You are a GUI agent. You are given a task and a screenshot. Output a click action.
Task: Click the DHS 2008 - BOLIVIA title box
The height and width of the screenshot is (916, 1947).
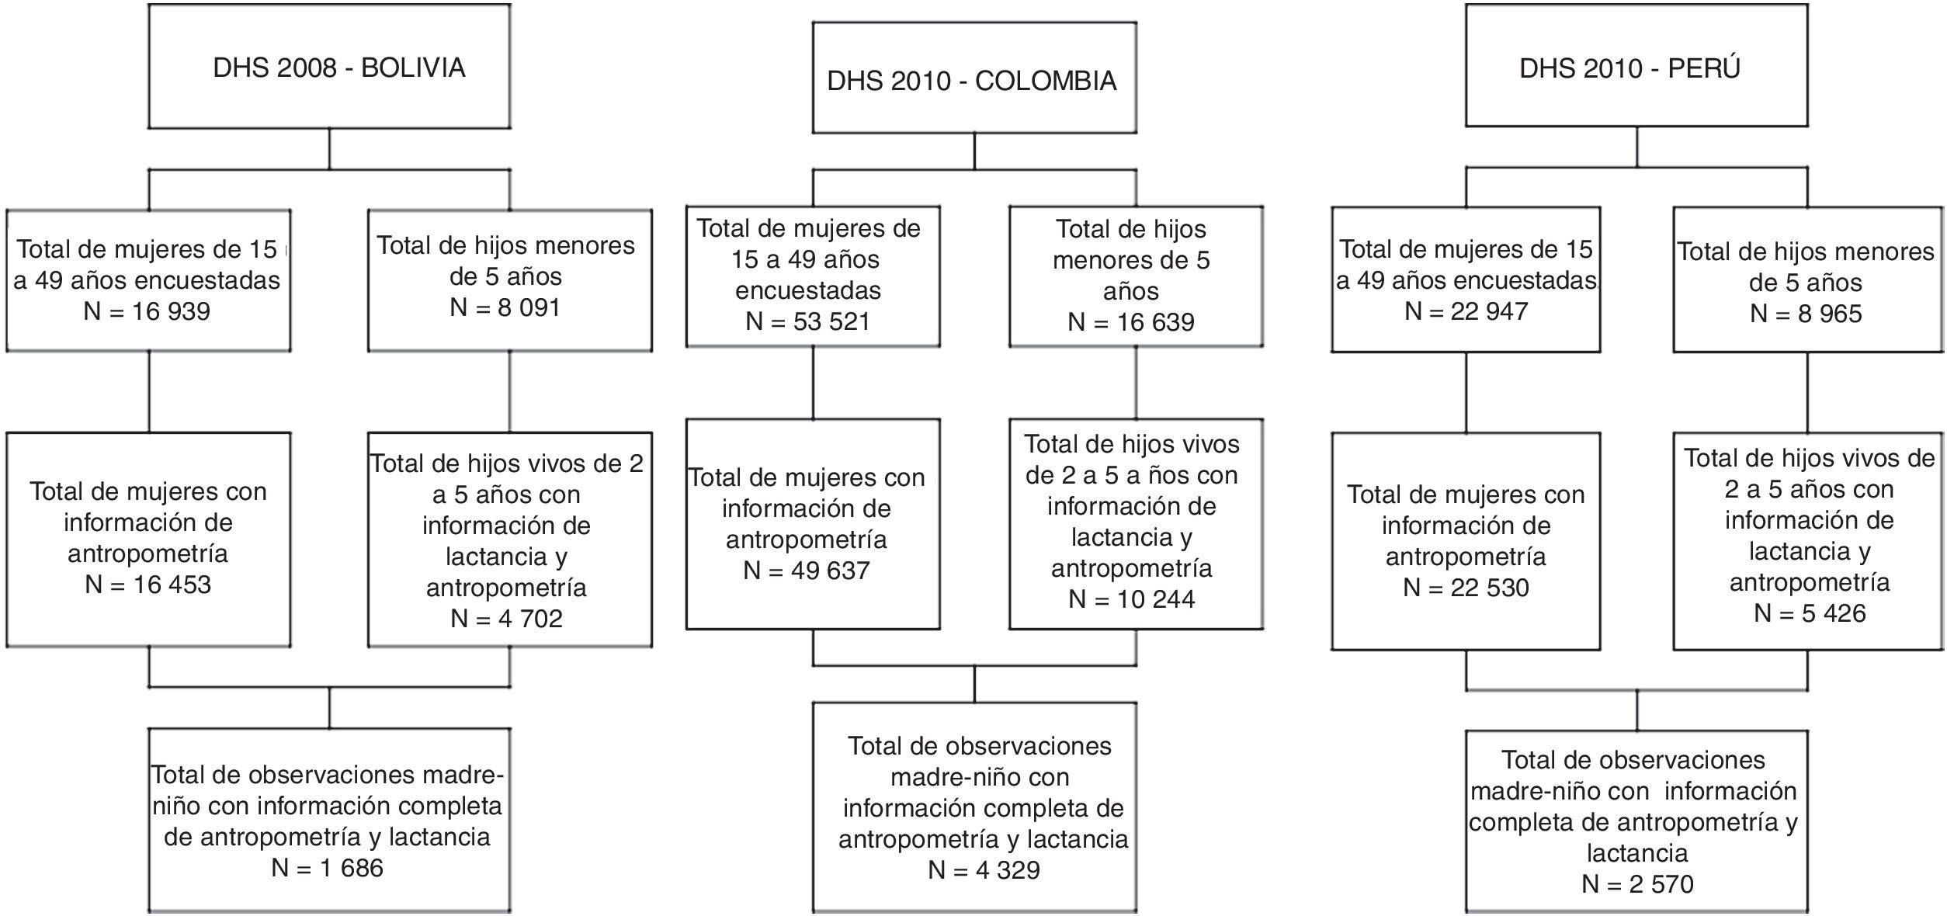(329, 67)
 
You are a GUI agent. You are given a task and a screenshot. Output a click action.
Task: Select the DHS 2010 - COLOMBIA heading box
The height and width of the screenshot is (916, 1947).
(974, 79)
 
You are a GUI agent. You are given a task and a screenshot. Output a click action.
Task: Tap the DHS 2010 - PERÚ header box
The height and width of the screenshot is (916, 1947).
(1636, 67)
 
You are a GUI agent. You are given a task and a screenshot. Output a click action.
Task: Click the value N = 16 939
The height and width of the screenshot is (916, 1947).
(147, 311)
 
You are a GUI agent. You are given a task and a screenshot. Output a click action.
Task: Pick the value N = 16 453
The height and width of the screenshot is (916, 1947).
(147, 585)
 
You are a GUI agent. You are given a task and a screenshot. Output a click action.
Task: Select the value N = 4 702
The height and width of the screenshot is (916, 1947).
(506, 619)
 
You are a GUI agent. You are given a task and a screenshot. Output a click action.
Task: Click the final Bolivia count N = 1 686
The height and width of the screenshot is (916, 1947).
(327, 867)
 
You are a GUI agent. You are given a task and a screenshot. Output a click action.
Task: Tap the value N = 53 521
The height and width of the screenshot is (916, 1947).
(807, 321)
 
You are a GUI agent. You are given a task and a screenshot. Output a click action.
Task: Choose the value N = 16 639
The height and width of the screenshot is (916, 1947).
(1131, 321)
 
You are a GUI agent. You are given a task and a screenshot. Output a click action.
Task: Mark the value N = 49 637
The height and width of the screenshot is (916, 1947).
(806, 571)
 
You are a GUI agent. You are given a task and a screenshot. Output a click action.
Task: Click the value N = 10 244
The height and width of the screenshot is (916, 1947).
(1131, 599)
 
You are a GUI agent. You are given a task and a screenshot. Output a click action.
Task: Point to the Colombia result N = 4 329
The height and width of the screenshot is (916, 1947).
(984, 869)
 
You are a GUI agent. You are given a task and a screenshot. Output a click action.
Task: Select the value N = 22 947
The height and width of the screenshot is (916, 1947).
(1466, 311)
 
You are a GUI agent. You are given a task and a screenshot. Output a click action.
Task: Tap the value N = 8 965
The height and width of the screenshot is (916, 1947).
(1806, 314)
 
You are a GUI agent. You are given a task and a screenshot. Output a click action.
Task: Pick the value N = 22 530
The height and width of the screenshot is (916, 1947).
(1466, 588)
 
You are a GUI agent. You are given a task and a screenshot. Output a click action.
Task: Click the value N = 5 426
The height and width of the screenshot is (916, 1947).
(1809, 613)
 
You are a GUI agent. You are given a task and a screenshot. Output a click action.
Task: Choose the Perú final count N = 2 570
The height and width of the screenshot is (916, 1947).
(1637, 884)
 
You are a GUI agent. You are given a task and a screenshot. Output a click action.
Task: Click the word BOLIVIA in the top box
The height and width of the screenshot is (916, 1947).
(413, 68)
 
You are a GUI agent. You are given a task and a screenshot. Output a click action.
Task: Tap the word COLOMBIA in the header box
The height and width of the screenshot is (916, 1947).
(1045, 80)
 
